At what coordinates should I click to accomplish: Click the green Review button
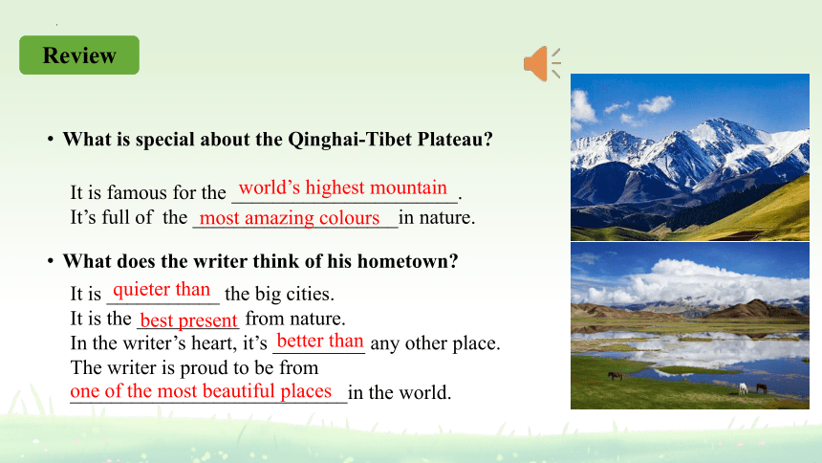[x=79, y=55]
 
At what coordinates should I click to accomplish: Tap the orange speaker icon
[x=542, y=63]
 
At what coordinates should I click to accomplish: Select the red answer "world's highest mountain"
[x=343, y=187]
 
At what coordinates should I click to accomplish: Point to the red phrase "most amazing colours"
[x=290, y=217]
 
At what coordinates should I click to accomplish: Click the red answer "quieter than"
[x=162, y=289]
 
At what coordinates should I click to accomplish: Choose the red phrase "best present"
[x=188, y=320]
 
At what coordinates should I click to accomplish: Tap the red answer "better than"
[x=320, y=341]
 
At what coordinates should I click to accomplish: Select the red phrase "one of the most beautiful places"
[x=201, y=391]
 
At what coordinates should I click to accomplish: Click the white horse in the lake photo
[x=743, y=388]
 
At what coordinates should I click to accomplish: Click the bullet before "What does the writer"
[x=51, y=261]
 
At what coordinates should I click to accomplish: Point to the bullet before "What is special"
[x=51, y=139]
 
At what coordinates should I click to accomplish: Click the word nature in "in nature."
[x=445, y=217]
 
